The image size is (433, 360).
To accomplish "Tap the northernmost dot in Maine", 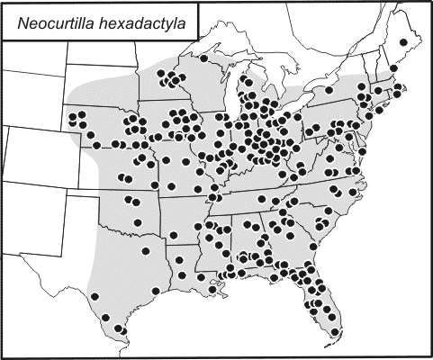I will tap(402, 42).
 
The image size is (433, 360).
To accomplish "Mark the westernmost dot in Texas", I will tap(95, 295).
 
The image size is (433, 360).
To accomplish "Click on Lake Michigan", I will tap(226, 98).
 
